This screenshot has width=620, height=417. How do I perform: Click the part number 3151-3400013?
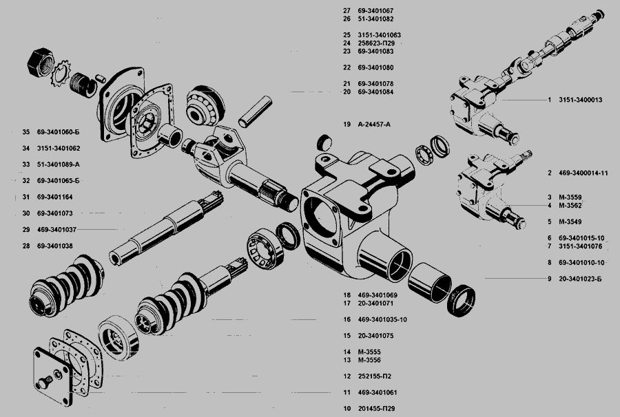click(x=581, y=100)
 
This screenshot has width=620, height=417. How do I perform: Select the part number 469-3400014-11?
click(x=583, y=173)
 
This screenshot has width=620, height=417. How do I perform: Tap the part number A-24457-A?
click(x=374, y=125)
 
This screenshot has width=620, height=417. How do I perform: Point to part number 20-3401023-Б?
click(x=580, y=279)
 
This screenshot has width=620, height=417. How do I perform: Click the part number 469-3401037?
click(x=56, y=229)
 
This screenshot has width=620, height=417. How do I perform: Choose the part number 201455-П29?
click(x=376, y=409)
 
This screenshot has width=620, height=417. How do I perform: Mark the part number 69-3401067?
click(x=375, y=10)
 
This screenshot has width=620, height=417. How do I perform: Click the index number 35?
click(x=26, y=132)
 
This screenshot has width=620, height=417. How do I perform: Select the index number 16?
click(x=347, y=319)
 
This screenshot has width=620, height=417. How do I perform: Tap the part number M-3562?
click(x=570, y=205)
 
